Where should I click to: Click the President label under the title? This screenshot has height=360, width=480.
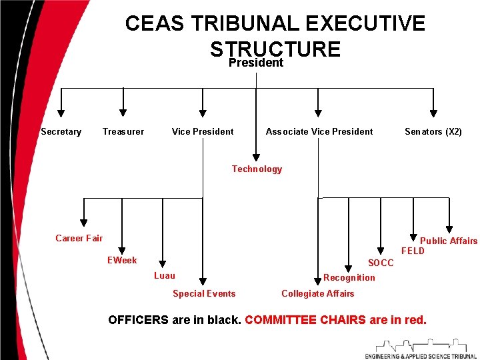coord(256,63)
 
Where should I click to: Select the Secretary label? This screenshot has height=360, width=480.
coord(61,132)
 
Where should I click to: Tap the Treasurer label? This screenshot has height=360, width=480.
coord(123,132)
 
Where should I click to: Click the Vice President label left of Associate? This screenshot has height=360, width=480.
coord(203,132)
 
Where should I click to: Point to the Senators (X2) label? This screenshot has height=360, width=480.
coord(433,132)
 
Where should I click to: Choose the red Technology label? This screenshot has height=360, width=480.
coord(257,169)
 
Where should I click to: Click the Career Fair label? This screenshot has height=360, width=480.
coord(79,238)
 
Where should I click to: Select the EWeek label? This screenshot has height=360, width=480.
coord(122,260)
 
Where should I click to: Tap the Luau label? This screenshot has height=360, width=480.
coord(165,276)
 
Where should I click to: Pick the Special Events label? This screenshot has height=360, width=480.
coord(204,293)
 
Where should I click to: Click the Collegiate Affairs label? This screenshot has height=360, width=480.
coord(318,293)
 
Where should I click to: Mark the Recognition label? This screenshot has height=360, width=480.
coord(349,277)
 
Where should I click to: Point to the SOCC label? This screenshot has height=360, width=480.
coord(381,263)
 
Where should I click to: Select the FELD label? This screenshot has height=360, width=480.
coord(413,251)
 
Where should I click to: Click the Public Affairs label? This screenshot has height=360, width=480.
coord(449,241)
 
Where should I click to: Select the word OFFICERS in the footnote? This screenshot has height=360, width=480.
coord(138,320)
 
